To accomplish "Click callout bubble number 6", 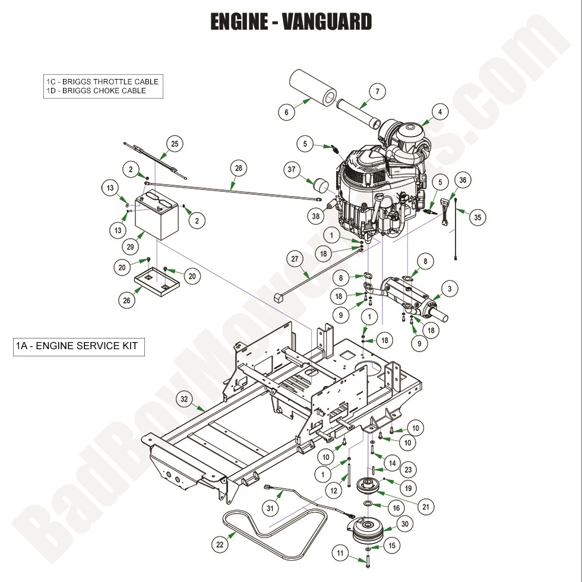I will (x=286, y=112).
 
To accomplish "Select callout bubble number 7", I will (x=377, y=91).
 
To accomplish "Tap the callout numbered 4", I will (x=439, y=111).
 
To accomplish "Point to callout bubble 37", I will (x=291, y=170).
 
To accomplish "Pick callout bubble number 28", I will (x=238, y=169).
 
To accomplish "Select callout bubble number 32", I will (x=184, y=399).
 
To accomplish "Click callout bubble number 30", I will (x=405, y=524).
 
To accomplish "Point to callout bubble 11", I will (x=340, y=553).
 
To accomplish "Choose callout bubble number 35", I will (x=476, y=218).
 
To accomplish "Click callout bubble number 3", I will (x=450, y=289).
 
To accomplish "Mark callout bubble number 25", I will (x=174, y=144).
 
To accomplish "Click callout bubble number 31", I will (x=271, y=508).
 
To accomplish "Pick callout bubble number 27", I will (x=294, y=259).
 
